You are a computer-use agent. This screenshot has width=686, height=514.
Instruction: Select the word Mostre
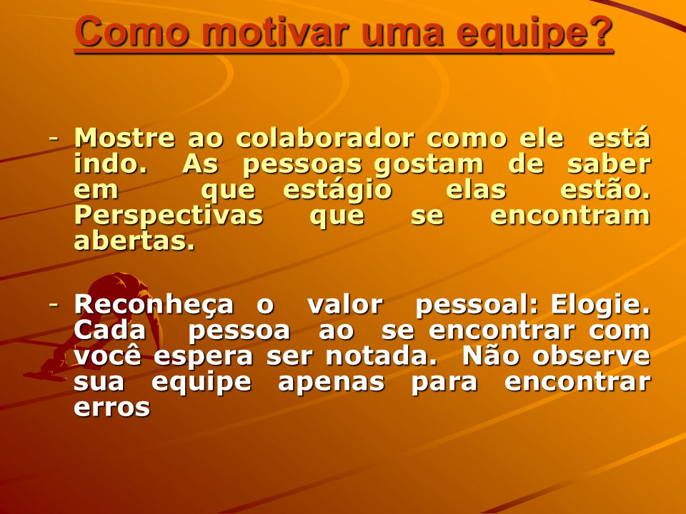click(124, 138)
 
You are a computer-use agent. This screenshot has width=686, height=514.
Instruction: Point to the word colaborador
click(324, 138)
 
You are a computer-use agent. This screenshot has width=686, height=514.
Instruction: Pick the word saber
click(609, 164)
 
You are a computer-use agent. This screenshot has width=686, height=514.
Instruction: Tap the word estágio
click(337, 191)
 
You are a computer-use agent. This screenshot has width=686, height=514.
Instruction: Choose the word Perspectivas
click(169, 216)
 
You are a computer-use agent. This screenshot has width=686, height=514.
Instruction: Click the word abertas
click(134, 241)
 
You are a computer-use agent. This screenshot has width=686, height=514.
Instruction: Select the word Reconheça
click(154, 305)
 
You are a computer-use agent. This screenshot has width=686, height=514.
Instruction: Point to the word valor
click(345, 304)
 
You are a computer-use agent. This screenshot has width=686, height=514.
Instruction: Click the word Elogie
click(601, 305)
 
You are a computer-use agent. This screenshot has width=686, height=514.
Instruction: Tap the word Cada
click(109, 330)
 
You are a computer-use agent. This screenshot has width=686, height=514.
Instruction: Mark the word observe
click(592, 356)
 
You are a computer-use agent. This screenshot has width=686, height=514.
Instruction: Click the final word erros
click(112, 408)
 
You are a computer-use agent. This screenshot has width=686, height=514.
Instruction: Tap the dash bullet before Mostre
click(54, 139)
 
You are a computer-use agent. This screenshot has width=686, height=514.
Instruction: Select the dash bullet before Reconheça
click(54, 304)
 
